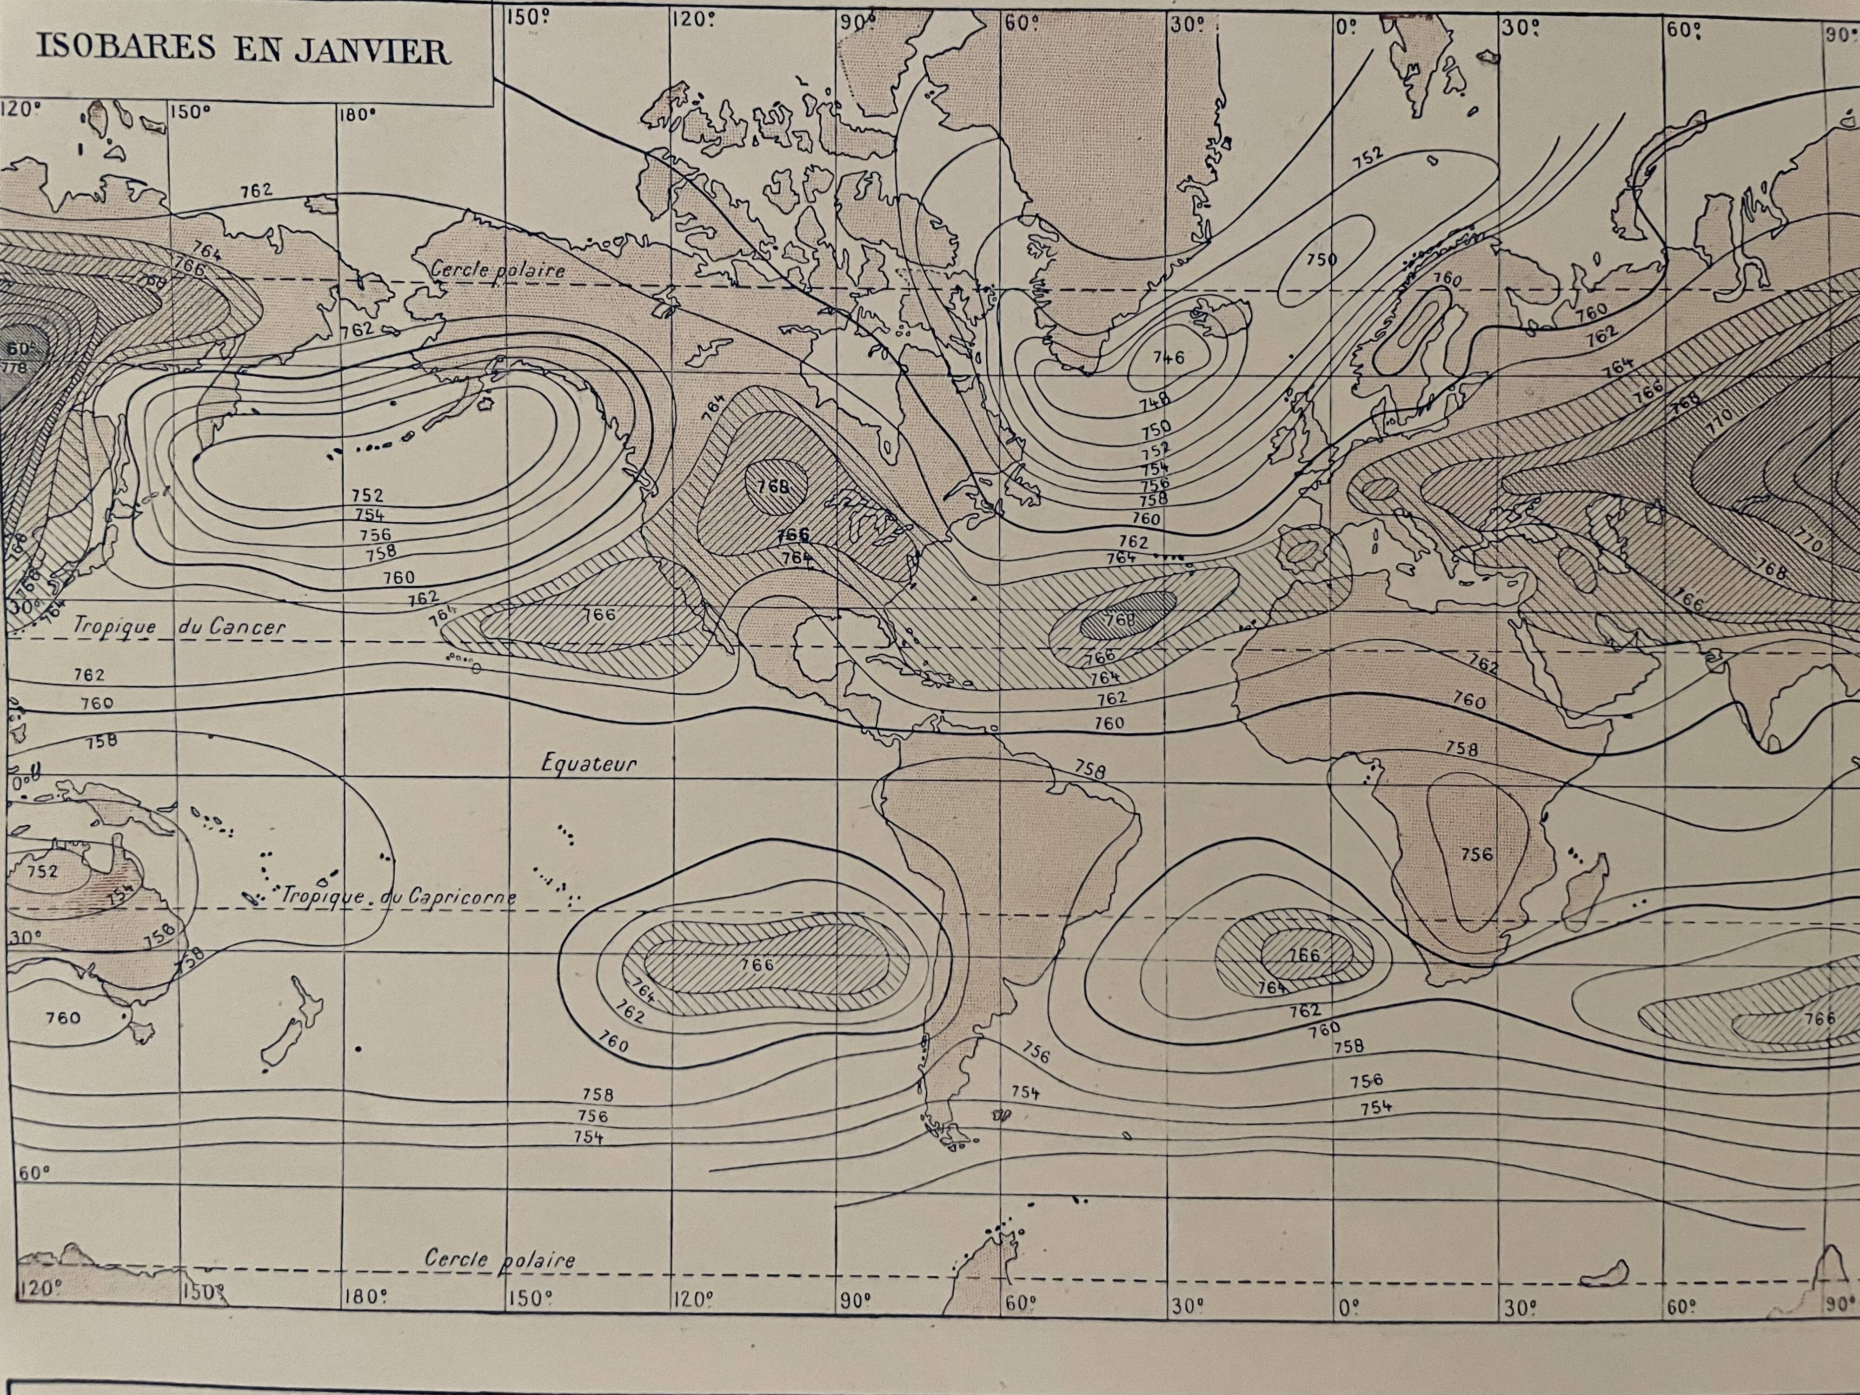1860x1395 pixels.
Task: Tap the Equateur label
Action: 589,764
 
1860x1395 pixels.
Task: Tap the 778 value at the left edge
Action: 16,367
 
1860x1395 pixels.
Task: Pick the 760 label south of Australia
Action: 63,1018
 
